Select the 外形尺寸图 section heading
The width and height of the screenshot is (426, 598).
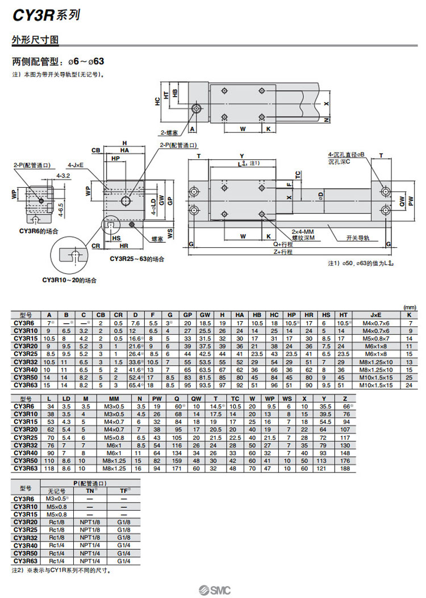click(35, 40)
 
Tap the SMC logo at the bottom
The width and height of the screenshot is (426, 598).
click(214, 589)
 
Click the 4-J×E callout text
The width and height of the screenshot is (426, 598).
click(76, 165)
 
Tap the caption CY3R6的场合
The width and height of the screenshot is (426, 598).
click(39, 231)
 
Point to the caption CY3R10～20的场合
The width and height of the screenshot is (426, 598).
click(69, 280)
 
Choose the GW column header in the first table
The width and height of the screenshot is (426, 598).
click(205, 315)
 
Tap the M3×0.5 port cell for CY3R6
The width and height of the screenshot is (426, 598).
click(57, 498)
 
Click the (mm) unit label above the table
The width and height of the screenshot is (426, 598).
click(408, 307)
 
